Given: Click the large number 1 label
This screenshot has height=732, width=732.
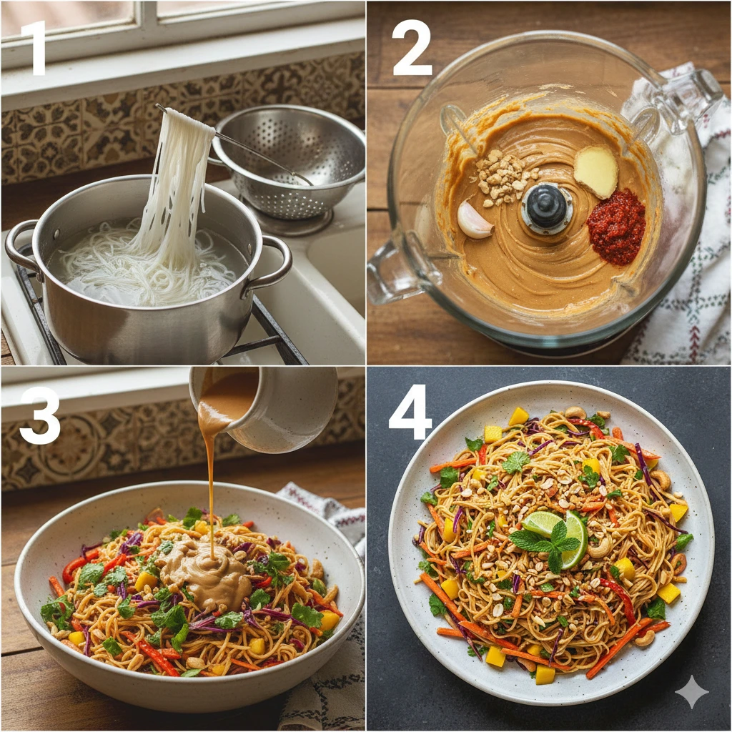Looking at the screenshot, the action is [34, 48].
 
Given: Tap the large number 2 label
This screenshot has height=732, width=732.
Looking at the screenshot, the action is [411, 48].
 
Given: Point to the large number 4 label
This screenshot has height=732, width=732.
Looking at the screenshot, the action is [411, 412].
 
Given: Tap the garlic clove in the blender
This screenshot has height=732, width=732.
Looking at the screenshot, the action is [474, 219].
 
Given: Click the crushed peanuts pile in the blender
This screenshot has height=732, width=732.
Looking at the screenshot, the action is [502, 177].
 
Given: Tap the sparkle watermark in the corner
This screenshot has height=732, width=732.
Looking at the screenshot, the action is [692, 691].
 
